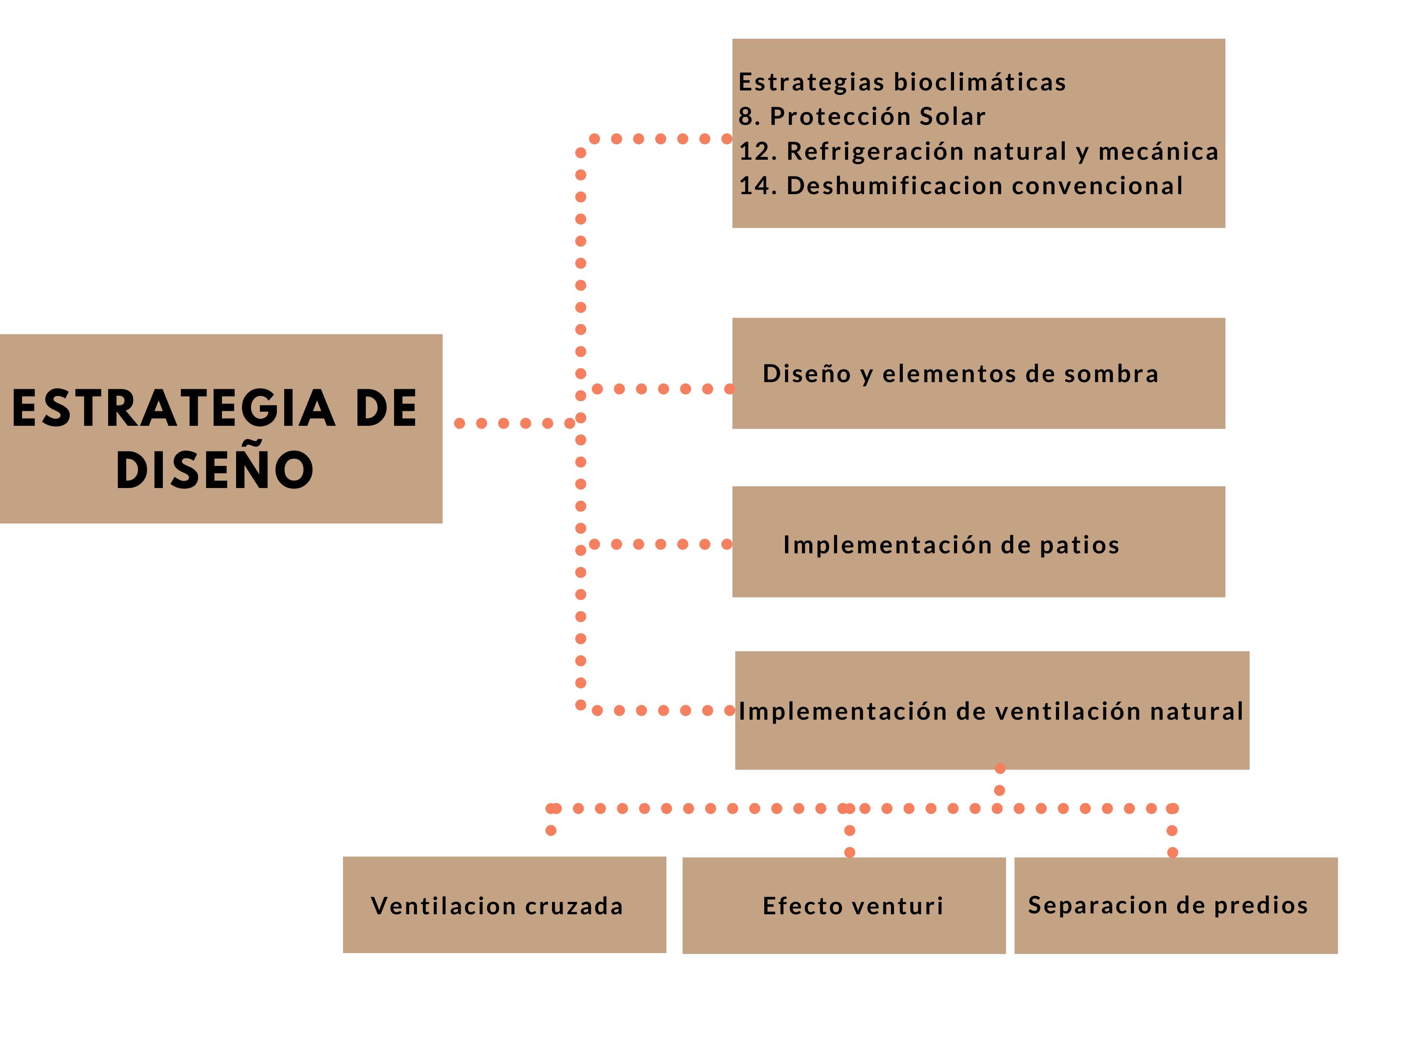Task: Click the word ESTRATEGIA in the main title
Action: point(173,409)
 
